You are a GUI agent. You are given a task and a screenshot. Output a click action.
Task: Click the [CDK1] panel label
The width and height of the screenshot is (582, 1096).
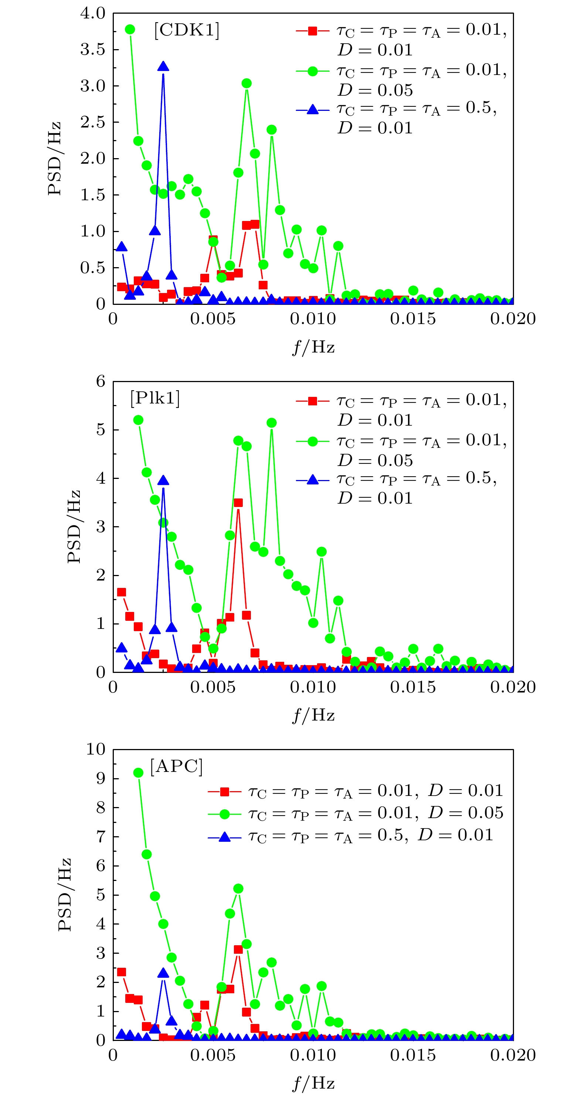[187, 30]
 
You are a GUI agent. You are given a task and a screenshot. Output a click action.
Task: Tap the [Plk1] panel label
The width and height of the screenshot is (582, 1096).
[155, 398]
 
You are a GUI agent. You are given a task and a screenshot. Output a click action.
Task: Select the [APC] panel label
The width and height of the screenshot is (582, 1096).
[177, 766]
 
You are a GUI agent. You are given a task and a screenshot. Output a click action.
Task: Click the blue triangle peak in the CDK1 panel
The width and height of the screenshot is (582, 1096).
[163, 67]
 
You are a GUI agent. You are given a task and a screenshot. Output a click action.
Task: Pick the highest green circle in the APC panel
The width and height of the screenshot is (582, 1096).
[138, 773]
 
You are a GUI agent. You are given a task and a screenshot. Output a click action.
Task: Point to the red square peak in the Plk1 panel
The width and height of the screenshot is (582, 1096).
[238, 503]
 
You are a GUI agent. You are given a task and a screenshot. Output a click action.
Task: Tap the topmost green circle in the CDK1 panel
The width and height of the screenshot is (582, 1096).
[130, 29]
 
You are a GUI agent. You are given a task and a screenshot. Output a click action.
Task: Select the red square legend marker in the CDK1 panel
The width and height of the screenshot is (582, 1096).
[312, 31]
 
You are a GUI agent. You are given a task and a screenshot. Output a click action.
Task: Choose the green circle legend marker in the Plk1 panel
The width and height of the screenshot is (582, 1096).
[312, 441]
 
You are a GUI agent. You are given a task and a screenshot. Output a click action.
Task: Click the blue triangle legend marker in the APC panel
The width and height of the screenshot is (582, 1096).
[224, 838]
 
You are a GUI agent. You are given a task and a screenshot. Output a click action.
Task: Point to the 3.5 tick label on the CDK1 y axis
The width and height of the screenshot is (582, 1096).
[93, 50]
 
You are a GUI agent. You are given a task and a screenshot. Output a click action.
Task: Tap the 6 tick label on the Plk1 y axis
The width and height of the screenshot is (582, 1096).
[101, 381]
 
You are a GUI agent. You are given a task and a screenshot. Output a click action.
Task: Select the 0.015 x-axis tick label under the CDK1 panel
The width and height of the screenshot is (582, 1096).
[413, 319]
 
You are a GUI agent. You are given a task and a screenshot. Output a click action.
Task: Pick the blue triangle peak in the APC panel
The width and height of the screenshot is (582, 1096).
[163, 973]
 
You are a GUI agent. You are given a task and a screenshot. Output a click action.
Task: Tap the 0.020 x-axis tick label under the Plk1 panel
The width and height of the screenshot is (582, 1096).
[513, 687]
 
